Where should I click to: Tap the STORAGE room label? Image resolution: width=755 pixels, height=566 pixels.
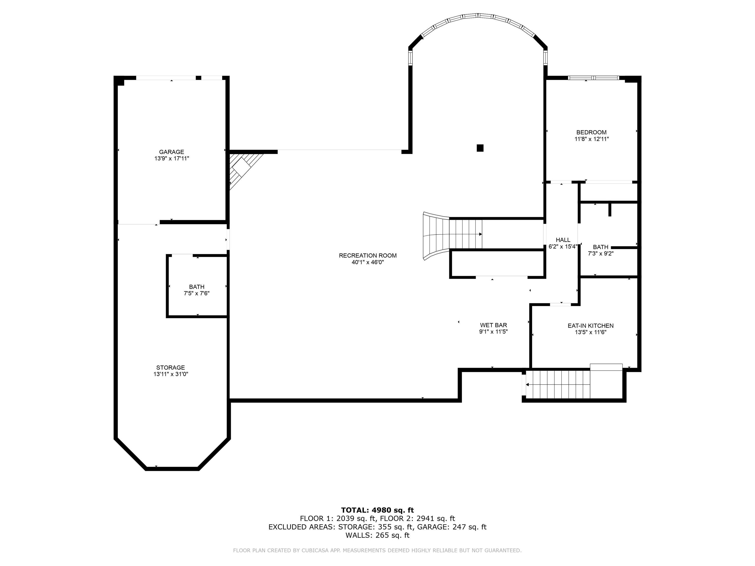[x=170, y=368]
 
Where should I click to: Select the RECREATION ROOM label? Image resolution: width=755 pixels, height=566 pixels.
[x=368, y=255]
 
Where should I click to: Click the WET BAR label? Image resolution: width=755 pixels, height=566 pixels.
[x=493, y=325]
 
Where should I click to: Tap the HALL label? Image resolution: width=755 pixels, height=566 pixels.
[x=563, y=240]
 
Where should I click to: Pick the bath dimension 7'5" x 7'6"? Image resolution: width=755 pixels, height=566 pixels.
[x=196, y=293]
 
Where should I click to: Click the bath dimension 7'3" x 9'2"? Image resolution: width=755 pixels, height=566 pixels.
[x=600, y=254]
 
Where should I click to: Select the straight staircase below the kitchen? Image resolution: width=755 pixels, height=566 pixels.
[x=558, y=384]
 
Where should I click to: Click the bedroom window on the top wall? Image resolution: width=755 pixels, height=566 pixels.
[x=593, y=78]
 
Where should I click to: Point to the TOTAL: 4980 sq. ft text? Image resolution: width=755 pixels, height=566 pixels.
[x=377, y=510]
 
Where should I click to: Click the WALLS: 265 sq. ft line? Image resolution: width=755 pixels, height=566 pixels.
[x=377, y=535]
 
